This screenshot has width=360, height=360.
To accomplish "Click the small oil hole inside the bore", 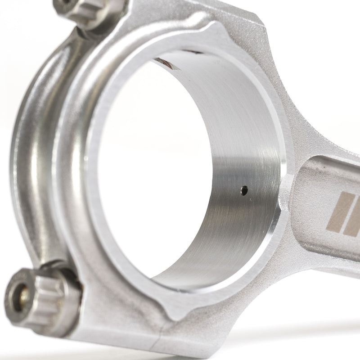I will [x=244, y=190].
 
